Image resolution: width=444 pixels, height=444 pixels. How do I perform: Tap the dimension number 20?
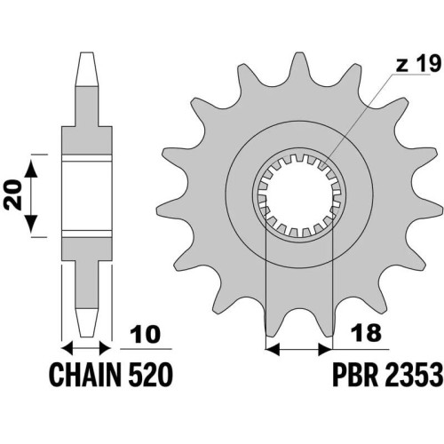click(x=14, y=195)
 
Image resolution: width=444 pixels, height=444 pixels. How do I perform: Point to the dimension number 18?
click(x=365, y=333)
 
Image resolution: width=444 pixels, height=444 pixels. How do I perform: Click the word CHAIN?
click(x=85, y=375)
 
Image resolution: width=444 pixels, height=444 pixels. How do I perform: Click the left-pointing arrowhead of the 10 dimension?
click(x=67, y=348)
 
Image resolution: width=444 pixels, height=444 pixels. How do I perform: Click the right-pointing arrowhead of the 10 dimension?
click(x=106, y=348)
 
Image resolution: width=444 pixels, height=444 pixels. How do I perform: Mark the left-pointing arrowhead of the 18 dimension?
click(x=273, y=350)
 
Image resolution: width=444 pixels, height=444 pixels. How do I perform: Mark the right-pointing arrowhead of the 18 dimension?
click(x=325, y=350)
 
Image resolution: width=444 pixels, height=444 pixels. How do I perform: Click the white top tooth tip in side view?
click(x=86, y=69)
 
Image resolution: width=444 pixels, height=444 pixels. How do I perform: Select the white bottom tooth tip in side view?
click(x=86, y=322)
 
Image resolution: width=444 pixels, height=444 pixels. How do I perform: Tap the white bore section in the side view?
click(x=87, y=195)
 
